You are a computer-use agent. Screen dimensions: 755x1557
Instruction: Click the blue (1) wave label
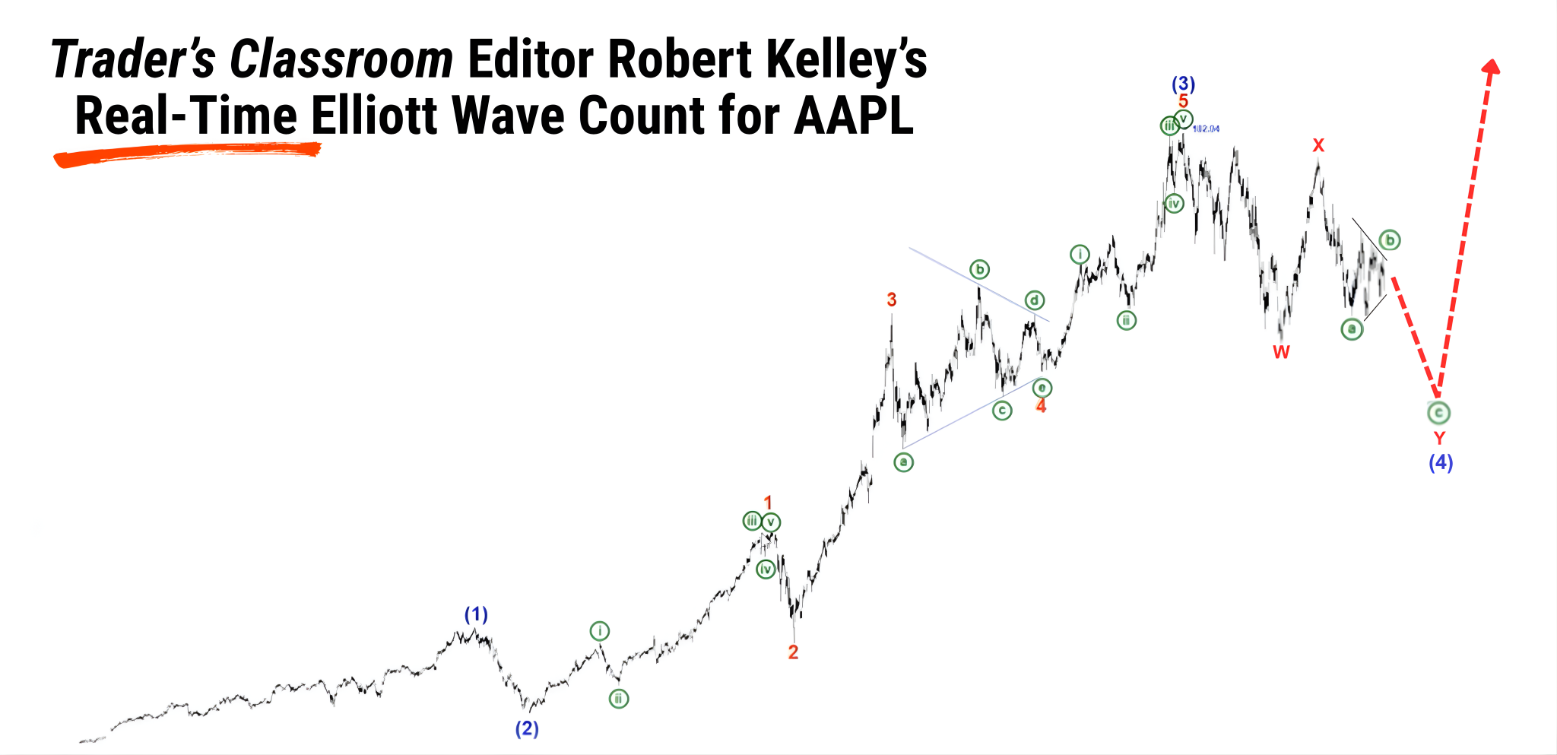[476, 614]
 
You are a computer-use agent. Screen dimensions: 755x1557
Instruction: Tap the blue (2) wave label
[527, 728]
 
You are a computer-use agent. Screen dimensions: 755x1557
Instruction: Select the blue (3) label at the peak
[1183, 84]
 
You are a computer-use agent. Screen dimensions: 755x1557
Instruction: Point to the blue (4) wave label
[1440, 462]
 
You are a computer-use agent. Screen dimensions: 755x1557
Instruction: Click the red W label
[1281, 352]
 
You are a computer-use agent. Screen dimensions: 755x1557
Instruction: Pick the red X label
[1318, 145]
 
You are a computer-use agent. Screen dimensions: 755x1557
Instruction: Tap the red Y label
[1439, 438]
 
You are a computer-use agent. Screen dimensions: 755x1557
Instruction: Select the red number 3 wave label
[892, 300]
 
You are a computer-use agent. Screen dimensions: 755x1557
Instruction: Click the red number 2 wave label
[793, 652]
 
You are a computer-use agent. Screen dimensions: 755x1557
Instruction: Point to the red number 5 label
[1183, 101]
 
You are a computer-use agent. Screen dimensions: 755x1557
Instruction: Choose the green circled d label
[1034, 300]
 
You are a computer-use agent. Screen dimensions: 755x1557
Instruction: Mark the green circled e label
[1042, 388]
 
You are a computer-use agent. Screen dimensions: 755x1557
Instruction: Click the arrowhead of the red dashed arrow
[1492, 67]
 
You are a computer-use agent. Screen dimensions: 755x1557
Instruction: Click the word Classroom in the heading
[341, 59]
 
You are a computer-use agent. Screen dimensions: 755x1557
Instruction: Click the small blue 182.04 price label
[1206, 128]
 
